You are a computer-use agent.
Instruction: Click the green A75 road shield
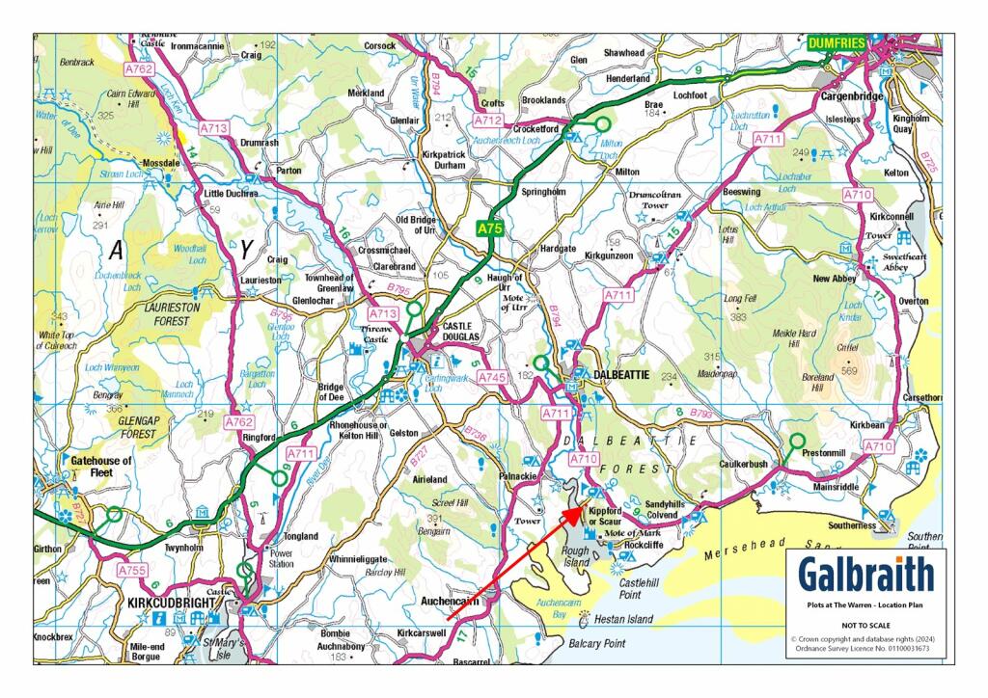tap(490, 229)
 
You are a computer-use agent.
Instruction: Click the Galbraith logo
tap(865, 575)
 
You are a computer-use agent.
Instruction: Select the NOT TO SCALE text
tap(865, 624)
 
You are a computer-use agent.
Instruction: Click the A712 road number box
tap(488, 121)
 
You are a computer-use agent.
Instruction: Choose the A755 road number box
tap(133, 571)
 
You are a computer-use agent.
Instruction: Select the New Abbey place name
tap(836, 279)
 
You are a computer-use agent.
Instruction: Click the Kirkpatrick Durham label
tap(444, 159)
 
